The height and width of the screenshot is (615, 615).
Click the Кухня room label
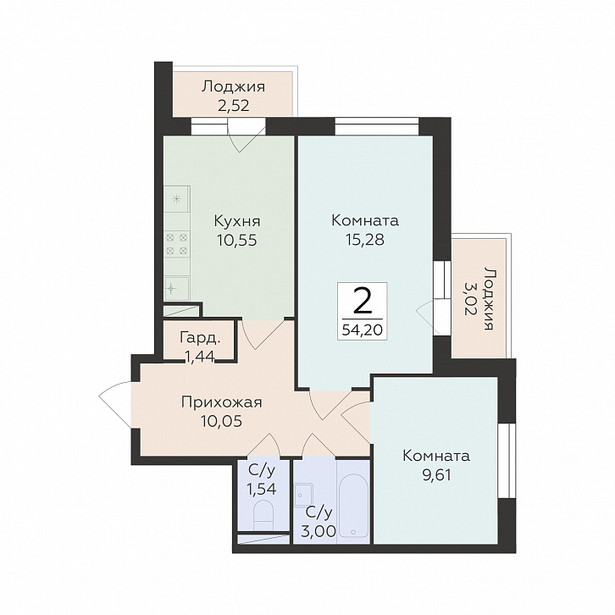237,221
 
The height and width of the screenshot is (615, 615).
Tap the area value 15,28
365,239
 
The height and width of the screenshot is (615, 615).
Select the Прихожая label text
222,402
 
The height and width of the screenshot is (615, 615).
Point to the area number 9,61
436,475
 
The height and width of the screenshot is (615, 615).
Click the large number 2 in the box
363,301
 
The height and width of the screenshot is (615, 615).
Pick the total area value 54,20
363,330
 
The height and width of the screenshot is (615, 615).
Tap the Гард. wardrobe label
200,338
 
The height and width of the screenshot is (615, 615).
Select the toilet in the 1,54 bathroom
263,517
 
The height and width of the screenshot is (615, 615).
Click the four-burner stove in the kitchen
177,244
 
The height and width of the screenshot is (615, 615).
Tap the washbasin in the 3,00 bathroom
302,496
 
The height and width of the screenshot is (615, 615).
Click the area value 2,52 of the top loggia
233,106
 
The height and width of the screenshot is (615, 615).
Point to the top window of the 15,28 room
377,126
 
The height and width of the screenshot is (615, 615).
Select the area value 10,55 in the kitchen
237,240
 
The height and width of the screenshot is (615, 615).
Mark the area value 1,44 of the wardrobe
200,356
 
